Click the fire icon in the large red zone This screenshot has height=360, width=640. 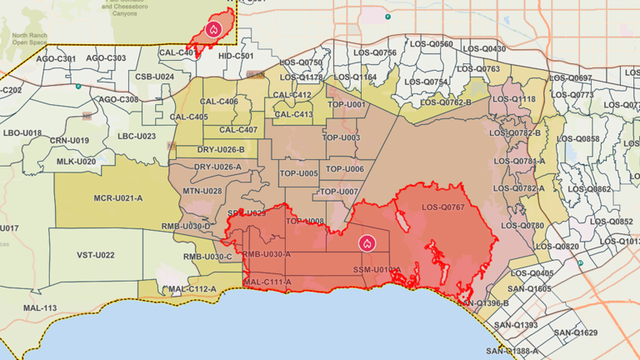pyautogui.click(x=367, y=243)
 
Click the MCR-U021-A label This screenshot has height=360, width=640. pyautogui.click(x=117, y=197)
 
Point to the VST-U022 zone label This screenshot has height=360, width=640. pyautogui.click(x=96, y=255)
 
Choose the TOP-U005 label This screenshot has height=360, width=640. pyautogui.click(x=297, y=173)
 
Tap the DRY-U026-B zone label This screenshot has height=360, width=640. pyautogui.click(x=221, y=150)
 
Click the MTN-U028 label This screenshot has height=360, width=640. pyautogui.click(x=202, y=191)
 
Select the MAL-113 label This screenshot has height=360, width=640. pyautogui.click(x=40, y=308)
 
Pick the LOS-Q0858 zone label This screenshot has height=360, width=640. pyautogui.click(x=577, y=138)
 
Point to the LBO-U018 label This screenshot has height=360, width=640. pyautogui.click(x=22, y=132)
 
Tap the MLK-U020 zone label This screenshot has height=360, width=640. pyautogui.click(x=75, y=161)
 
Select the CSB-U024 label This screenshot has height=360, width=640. pyautogui.click(x=154, y=77)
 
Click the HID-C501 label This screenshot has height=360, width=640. pyautogui.click(x=236, y=56)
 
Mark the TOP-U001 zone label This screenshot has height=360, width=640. pyautogui.click(x=346, y=104)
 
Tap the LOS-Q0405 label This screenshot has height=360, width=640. pyautogui.click(x=532, y=273)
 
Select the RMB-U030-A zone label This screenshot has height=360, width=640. pyautogui.click(x=267, y=254)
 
